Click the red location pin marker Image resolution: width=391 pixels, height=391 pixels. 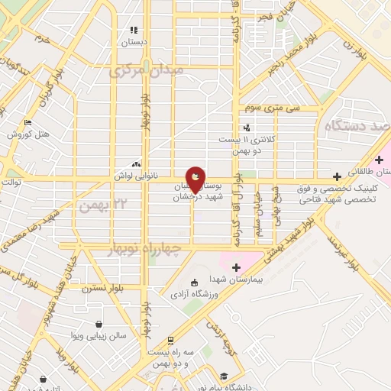pos(195,179)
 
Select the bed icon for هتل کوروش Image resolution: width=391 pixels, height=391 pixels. pos(28,122)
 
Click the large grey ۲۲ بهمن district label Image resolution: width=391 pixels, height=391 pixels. pos(100,204)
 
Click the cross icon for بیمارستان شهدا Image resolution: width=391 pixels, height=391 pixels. pos(235,267)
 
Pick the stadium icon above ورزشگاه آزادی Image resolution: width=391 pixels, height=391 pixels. pos(194,282)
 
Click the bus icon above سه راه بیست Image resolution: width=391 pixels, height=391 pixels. pos(170,341)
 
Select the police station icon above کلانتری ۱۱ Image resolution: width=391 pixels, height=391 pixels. pos(246,128)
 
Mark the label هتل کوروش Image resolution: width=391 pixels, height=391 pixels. pos(28,134)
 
